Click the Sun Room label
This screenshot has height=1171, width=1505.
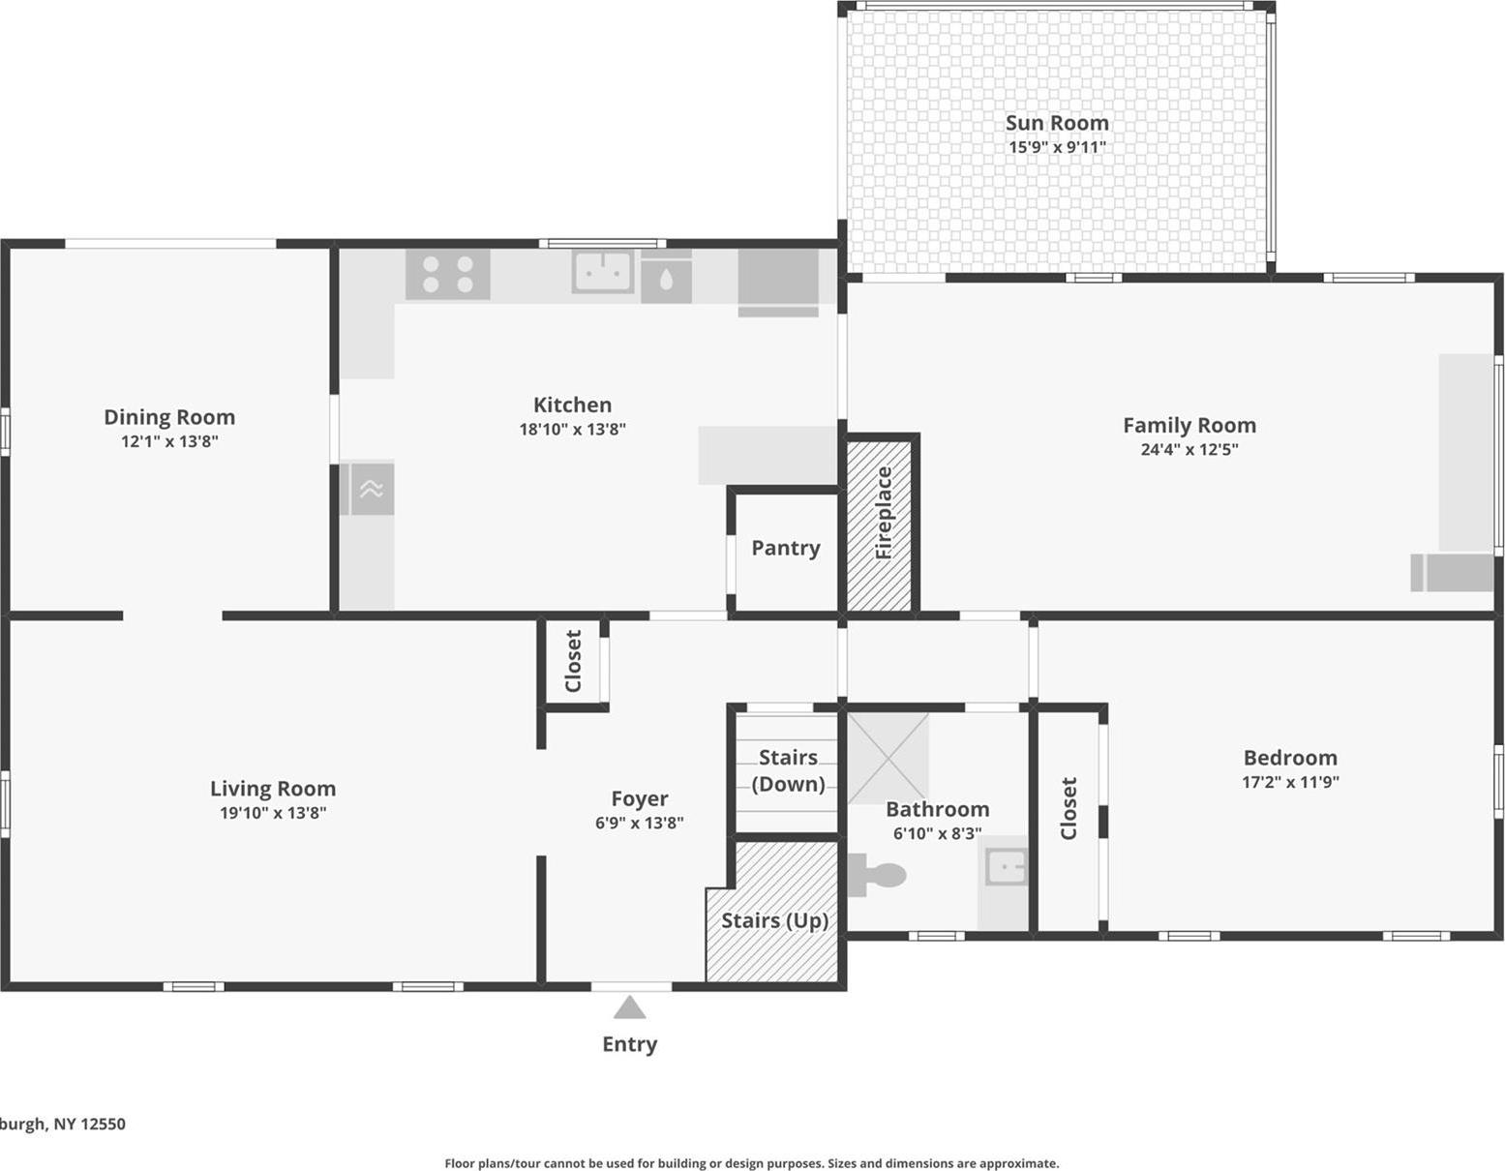click(1057, 123)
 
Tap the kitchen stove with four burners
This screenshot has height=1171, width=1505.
click(447, 274)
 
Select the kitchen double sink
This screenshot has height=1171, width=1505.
click(602, 272)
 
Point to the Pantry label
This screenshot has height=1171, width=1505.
click(785, 548)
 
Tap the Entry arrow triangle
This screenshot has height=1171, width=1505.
click(629, 1008)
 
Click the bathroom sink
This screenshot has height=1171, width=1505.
click(1006, 866)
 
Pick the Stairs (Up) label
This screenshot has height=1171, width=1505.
click(774, 920)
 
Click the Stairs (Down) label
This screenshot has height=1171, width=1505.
click(788, 770)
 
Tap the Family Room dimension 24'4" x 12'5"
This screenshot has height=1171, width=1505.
click(1189, 449)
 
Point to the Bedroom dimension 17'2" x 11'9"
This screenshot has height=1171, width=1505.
click(1290, 782)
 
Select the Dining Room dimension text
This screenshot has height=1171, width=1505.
click(169, 441)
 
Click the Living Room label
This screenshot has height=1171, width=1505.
click(273, 789)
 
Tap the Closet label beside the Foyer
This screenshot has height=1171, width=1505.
click(573, 661)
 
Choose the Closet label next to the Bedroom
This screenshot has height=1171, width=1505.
click(1069, 808)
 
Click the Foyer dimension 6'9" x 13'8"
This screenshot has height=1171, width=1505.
click(639, 823)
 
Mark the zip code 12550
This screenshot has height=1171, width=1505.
click(103, 1124)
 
